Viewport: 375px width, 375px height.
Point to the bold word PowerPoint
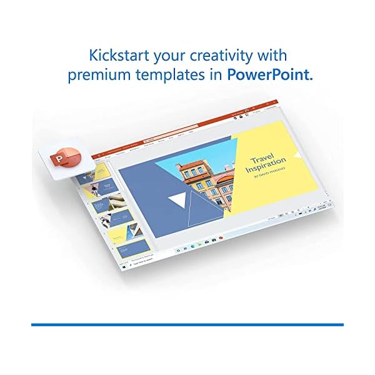tap(269, 76)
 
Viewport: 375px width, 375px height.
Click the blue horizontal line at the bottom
tap(187, 324)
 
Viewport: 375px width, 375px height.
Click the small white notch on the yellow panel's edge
tap(297, 154)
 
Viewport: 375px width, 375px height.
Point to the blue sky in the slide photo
tap(200, 156)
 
